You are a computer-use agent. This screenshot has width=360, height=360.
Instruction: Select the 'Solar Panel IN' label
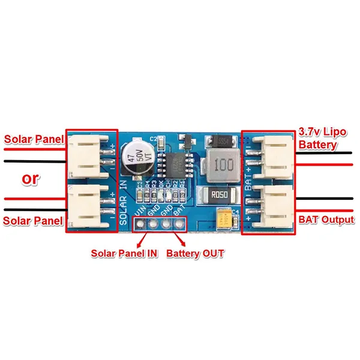[124, 254]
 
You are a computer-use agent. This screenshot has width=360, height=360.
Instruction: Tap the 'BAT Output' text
[326, 220]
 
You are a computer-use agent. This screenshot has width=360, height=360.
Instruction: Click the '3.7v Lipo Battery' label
[324, 138]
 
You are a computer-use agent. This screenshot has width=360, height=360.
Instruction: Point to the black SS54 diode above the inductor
[217, 142]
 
